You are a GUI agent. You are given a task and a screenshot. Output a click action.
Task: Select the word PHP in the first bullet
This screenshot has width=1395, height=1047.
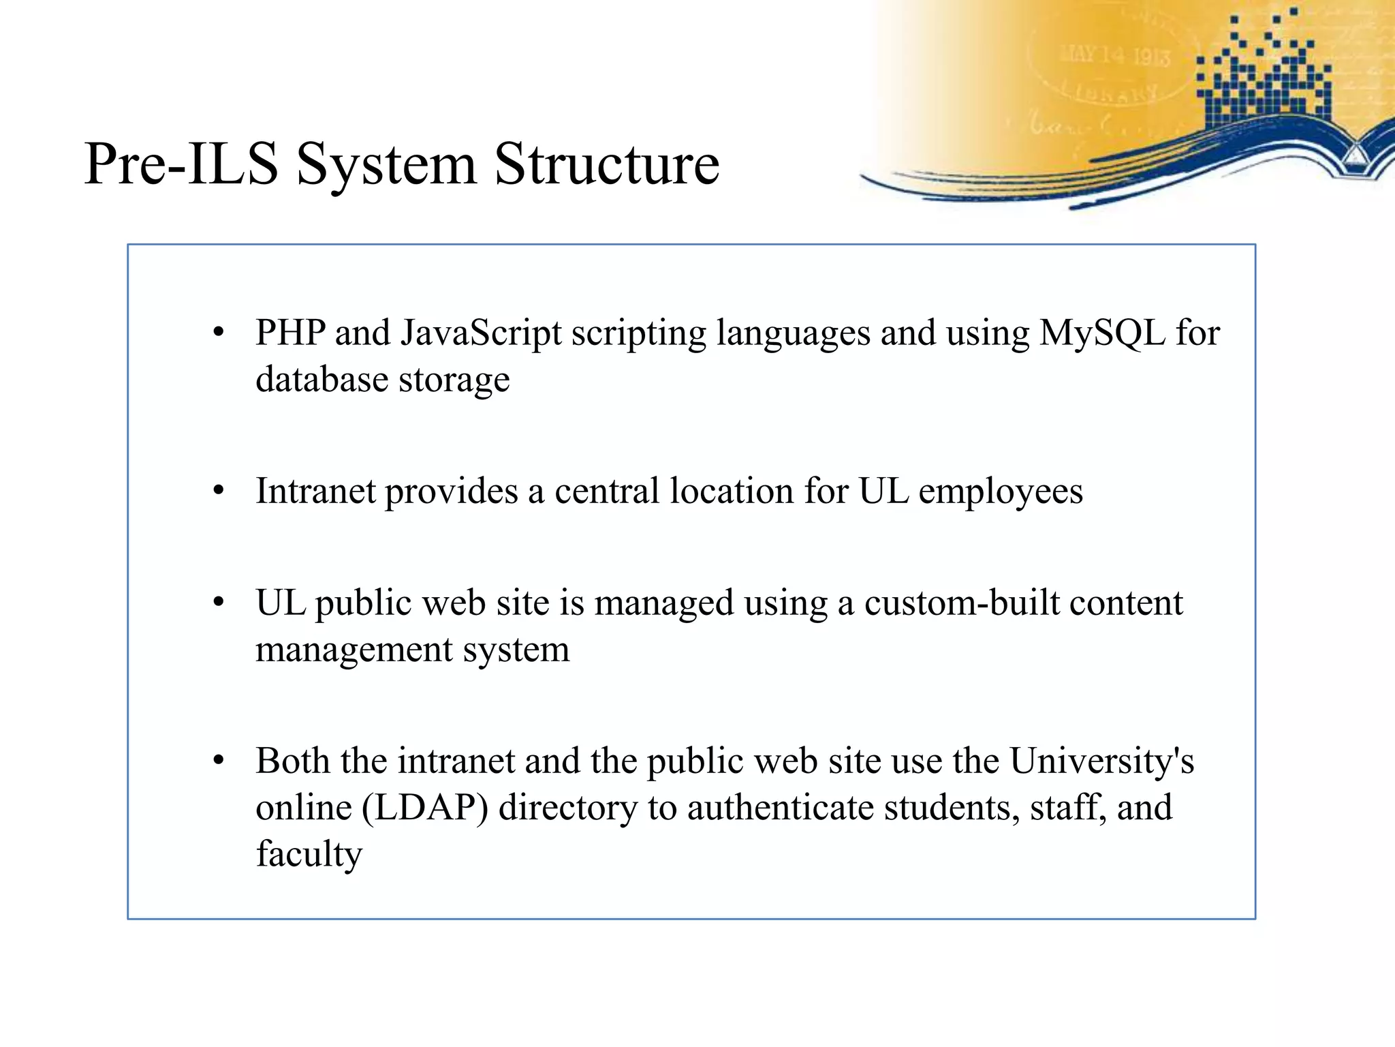[x=289, y=333]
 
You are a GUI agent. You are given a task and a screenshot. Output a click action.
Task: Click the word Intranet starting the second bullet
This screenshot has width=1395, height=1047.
[x=315, y=491]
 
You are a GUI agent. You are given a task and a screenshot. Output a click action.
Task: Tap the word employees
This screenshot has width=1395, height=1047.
[x=1000, y=492]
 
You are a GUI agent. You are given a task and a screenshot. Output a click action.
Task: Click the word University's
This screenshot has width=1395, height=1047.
[x=1101, y=761]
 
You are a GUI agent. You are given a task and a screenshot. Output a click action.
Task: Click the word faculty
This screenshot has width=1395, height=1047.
[x=309, y=854]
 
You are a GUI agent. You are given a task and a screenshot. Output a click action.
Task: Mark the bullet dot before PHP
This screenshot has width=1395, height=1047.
[x=219, y=333]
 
